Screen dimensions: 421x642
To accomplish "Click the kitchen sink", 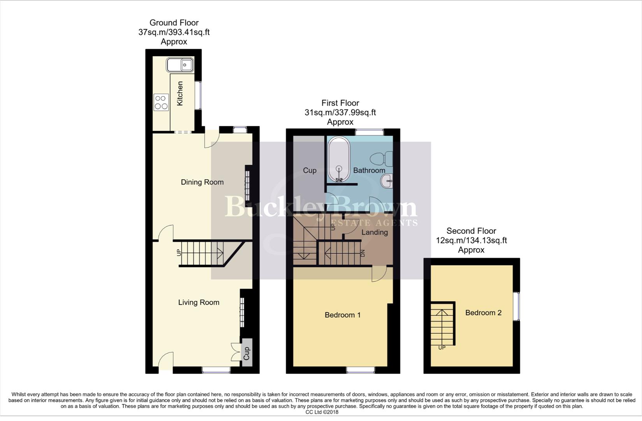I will coord(180,65).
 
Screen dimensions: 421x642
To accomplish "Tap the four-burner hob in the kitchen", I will coord(161,102).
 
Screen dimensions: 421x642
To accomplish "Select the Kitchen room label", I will coord(180,94).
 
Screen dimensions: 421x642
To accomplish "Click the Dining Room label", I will coord(202,182).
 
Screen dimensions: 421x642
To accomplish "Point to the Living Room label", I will coord(199,302).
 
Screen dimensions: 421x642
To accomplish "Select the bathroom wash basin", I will coord(386,181).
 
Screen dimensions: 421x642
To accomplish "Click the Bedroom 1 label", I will coord(343,315).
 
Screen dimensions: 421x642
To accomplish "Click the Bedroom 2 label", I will coord(483,313).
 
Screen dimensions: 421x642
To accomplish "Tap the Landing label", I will coord(375,232).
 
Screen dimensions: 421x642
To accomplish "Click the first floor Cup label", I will coord(310,170).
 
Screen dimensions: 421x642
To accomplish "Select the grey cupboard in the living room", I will coord(246,353).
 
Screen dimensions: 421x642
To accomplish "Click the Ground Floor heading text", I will coord(174,23).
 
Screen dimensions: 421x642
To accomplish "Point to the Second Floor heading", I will coord(471,231).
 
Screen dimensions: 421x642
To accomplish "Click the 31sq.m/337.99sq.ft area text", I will coord(340,113).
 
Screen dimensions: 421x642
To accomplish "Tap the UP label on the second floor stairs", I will coord(442,348).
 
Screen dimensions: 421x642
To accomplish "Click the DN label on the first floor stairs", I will coord(362,253).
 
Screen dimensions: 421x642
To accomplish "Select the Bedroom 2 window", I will coord(516,306).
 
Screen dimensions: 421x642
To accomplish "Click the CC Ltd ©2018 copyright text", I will coord(322,412).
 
